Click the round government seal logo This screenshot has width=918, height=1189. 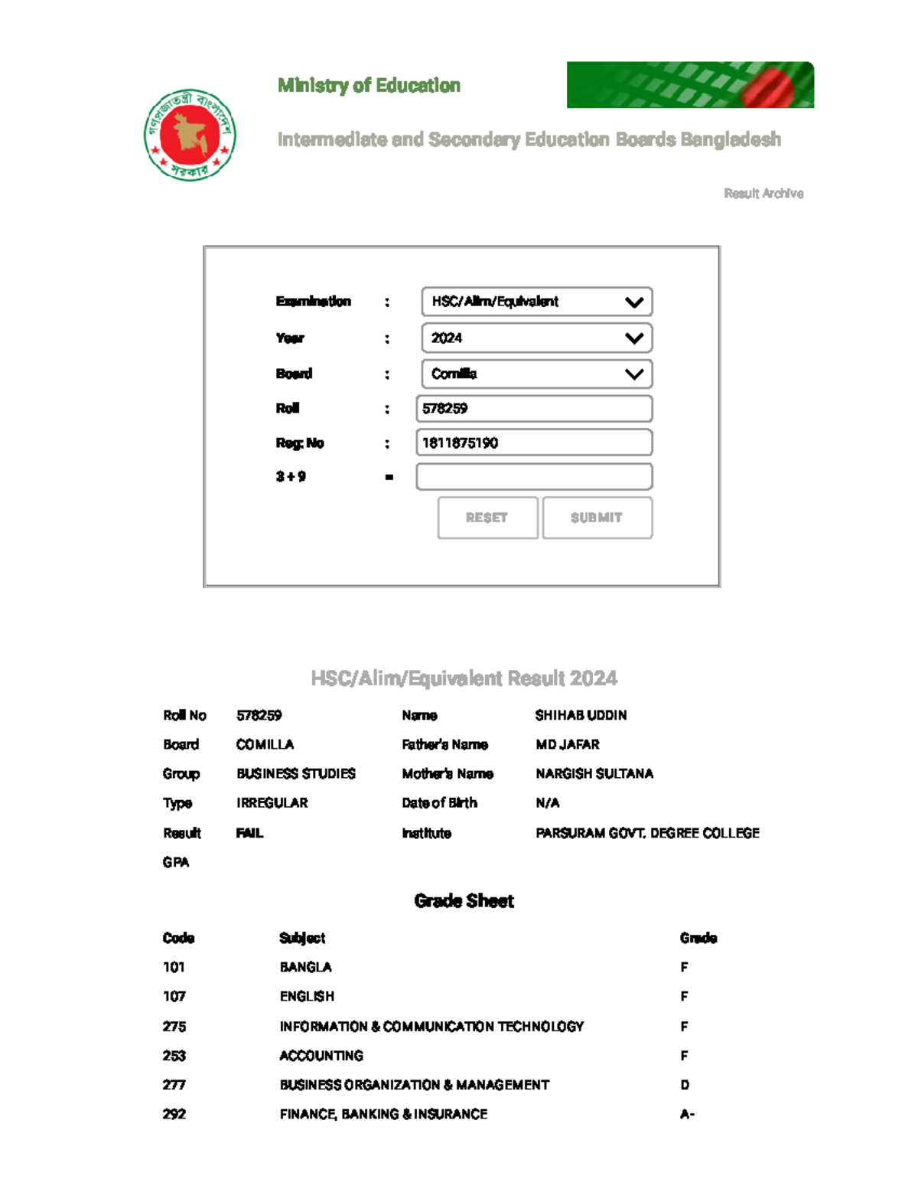pyautogui.click(x=190, y=135)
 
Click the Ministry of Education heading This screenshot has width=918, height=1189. pyautogui.click(x=369, y=85)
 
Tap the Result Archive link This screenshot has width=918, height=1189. pyautogui.click(x=763, y=194)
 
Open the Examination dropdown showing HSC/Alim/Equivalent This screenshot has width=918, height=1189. pyautogui.click(x=536, y=302)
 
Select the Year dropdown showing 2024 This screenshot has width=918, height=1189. pyautogui.click(x=536, y=338)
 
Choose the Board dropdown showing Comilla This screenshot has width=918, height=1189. pyautogui.click(x=536, y=374)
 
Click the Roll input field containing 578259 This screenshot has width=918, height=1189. pyautogui.click(x=534, y=408)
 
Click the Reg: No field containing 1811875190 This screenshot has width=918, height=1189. pyautogui.click(x=534, y=443)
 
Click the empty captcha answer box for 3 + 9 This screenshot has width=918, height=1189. pyautogui.click(x=534, y=476)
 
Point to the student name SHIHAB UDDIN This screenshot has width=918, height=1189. pyautogui.click(x=581, y=715)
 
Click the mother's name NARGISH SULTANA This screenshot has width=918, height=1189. pyautogui.click(x=594, y=773)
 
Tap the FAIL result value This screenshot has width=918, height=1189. pyautogui.click(x=249, y=833)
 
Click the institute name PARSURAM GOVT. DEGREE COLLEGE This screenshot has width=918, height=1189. pyautogui.click(x=647, y=833)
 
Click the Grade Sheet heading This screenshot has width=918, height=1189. pyautogui.click(x=464, y=900)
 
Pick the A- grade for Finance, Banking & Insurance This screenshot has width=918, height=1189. pyautogui.click(x=687, y=1114)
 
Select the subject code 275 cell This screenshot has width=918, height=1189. pyautogui.click(x=174, y=1026)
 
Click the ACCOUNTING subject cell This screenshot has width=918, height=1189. pyautogui.click(x=321, y=1056)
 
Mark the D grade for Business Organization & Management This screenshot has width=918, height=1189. pyautogui.click(x=685, y=1085)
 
